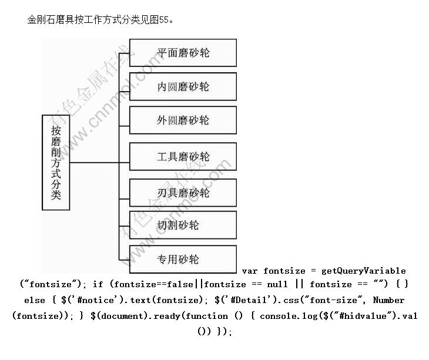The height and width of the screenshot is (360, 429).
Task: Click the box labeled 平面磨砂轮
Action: point(183,53)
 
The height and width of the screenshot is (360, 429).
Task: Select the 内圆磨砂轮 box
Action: point(183,86)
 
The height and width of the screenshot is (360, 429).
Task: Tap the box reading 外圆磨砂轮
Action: point(183,120)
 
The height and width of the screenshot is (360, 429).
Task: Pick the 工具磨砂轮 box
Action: point(183,157)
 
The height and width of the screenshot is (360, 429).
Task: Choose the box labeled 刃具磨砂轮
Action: point(183,193)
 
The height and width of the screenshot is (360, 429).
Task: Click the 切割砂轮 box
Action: point(183,225)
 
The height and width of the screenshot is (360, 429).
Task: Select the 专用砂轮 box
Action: point(183,260)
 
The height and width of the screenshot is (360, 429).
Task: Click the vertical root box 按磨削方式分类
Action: point(56,162)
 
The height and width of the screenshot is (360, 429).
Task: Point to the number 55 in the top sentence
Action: point(163,20)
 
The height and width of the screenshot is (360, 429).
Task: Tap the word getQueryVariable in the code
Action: point(363,271)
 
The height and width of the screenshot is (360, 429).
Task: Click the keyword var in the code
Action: point(250,271)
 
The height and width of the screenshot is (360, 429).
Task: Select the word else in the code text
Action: point(35,301)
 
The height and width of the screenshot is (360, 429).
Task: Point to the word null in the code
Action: point(277,284)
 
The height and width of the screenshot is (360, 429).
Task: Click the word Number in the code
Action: point(388,300)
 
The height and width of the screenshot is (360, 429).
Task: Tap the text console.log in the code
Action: point(289,316)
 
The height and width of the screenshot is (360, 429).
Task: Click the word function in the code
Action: point(206,316)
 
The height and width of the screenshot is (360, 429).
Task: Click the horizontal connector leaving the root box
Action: point(95,163)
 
